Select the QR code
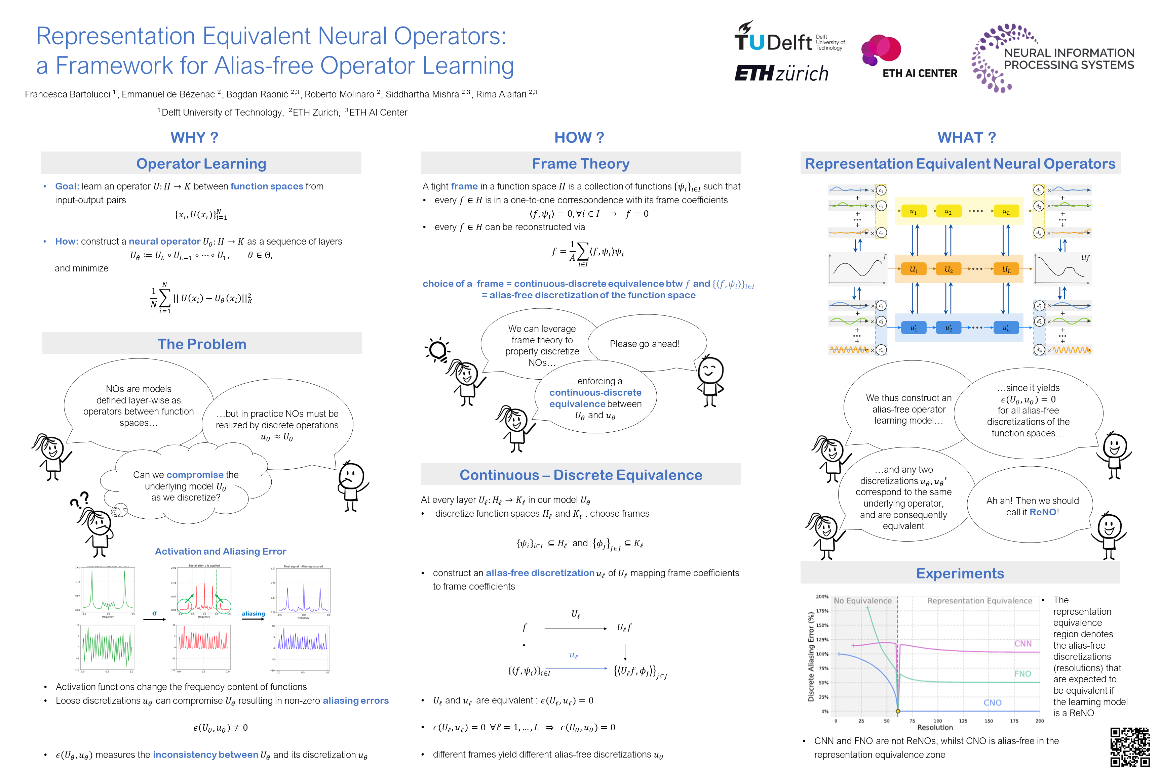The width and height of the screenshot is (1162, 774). (x=1129, y=746)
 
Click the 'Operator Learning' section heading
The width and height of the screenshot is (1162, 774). (x=201, y=163)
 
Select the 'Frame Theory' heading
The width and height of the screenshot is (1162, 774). (x=581, y=163)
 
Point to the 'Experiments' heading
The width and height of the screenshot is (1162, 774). (x=960, y=573)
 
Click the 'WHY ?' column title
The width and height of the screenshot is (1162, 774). (x=194, y=137)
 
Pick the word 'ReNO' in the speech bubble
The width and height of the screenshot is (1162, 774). (x=1042, y=512)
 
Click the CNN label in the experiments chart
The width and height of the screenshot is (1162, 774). (x=1023, y=644)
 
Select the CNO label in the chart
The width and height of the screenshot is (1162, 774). (x=992, y=702)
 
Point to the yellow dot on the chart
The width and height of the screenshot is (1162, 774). (x=898, y=711)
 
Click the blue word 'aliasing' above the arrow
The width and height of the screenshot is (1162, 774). (x=253, y=613)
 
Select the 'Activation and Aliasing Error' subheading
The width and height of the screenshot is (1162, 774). (x=220, y=551)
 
